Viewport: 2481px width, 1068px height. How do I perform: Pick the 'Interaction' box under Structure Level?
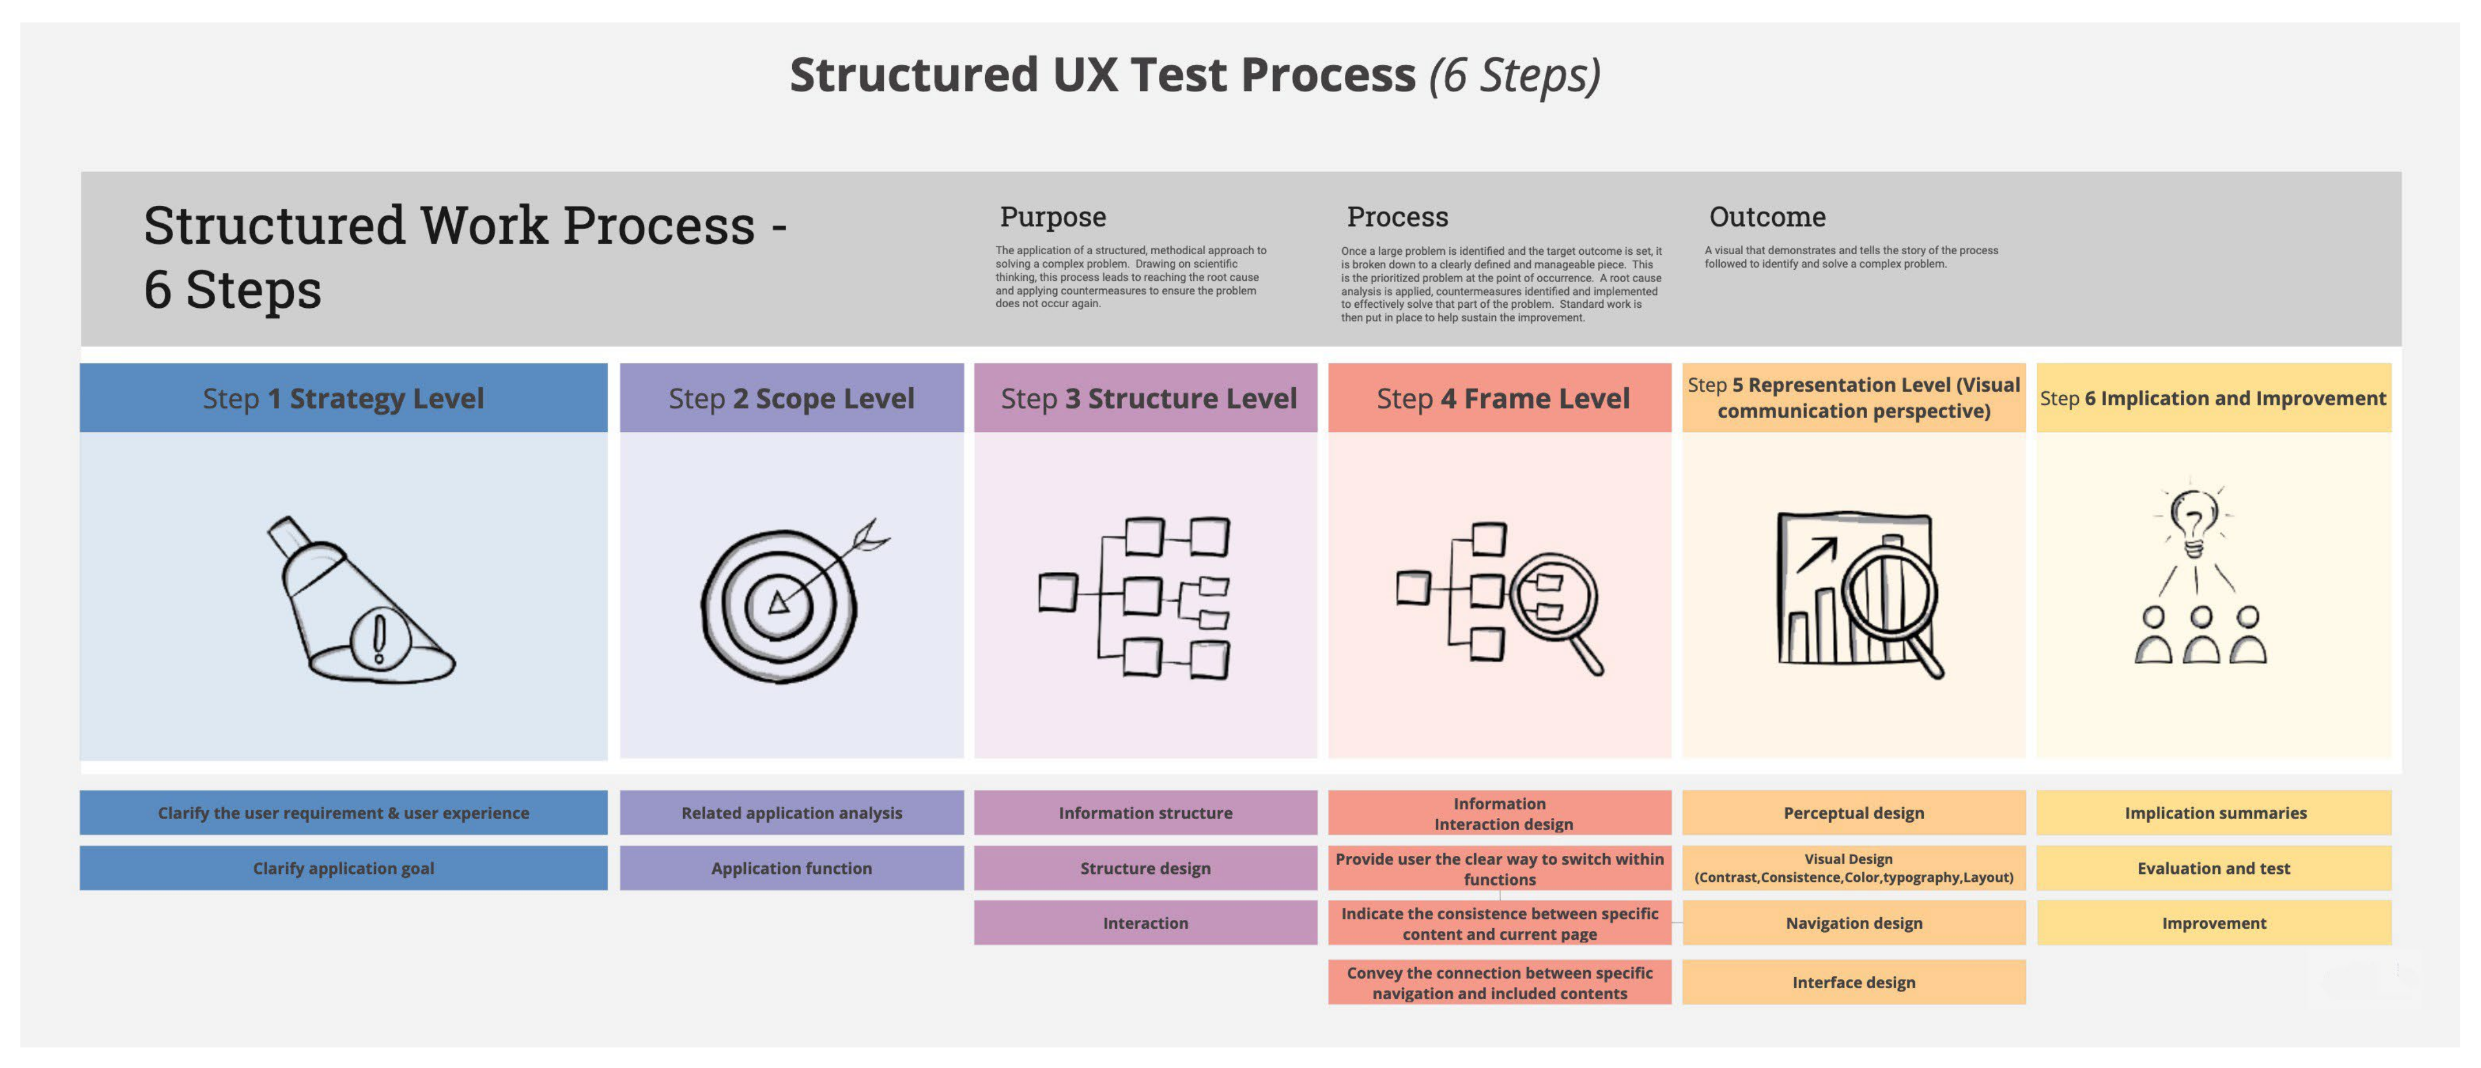(1145, 923)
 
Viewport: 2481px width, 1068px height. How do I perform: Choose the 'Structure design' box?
(1145, 867)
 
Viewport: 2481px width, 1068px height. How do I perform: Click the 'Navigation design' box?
(1853, 923)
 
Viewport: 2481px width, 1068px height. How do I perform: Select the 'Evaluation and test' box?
(2213, 867)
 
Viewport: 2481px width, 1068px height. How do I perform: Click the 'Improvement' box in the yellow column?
(2213, 923)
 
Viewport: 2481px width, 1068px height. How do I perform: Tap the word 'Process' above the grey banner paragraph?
(1397, 217)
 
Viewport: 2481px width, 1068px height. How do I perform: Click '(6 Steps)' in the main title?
(1514, 75)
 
